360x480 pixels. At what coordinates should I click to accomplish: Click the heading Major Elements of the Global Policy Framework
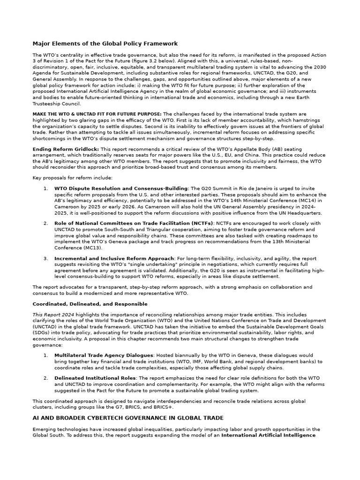105,44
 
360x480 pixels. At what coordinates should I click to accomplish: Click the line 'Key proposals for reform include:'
72,178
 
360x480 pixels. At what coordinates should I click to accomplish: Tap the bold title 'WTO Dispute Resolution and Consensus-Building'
121,188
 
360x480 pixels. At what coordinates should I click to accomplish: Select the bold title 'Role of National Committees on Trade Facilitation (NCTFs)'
134,224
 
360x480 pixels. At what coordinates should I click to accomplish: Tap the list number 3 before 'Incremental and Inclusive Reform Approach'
45,258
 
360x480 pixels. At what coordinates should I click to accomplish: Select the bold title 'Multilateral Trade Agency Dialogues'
104,355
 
